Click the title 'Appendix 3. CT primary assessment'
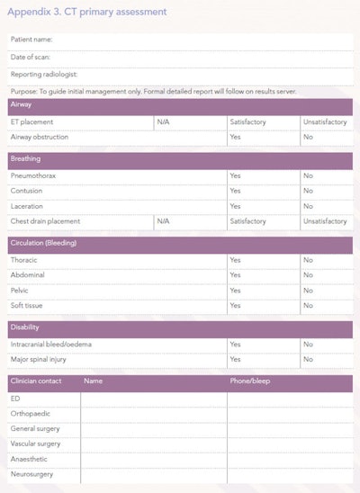pos(88,12)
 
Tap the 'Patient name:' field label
pos(31,40)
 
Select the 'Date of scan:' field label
pos(31,57)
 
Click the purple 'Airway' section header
pos(22,105)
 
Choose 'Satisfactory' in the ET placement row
pos(247,121)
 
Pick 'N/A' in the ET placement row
pos(163,121)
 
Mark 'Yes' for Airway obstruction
pos(235,137)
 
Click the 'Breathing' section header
pos(25,159)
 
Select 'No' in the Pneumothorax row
pos(308,176)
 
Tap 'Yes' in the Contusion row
pos(235,192)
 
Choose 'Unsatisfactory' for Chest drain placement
pos(324,221)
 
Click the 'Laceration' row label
pos(28,206)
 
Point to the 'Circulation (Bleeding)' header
pos(47,243)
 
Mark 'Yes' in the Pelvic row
pos(235,291)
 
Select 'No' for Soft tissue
pos(308,306)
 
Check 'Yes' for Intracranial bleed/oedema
pos(235,344)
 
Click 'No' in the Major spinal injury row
pos(308,359)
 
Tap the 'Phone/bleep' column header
pos(250,381)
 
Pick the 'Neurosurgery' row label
pos(31,474)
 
